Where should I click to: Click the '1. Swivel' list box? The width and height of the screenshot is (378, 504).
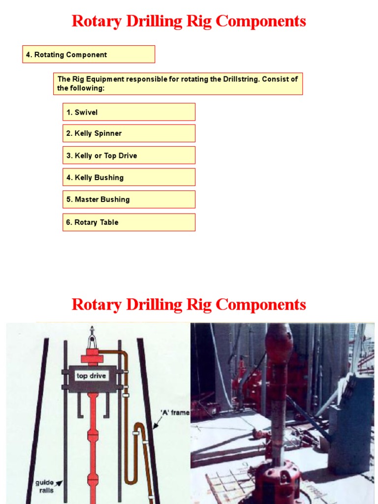tap(128, 112)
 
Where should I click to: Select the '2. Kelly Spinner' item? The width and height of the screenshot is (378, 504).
tap(128, 133)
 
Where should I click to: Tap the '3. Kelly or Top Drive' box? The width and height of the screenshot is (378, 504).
tap(128, 156)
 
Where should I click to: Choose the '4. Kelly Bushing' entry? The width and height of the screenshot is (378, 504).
tap(128, 177)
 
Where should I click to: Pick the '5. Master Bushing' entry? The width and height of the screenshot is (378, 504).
tap(128, 199)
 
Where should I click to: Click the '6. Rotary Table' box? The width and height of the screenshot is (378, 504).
tap(128, 222)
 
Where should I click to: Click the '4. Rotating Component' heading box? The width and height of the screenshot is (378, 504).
tap(89, 55)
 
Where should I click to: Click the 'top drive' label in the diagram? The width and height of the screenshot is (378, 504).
tap(91, 376)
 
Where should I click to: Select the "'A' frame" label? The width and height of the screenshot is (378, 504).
tap(175, 412)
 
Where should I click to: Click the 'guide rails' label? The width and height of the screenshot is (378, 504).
tap(44, 486)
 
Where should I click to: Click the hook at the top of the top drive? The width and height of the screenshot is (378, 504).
tap(92, 338)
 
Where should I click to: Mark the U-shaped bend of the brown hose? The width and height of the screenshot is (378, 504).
tap(130, 480)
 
